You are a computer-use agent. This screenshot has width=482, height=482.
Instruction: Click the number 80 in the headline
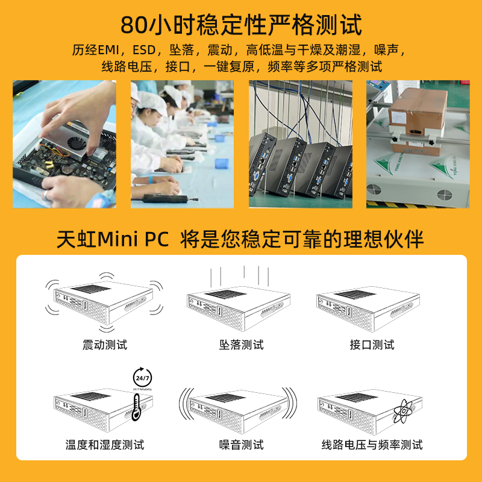click(134, 25)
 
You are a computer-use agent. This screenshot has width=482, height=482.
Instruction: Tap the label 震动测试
click(105, 345)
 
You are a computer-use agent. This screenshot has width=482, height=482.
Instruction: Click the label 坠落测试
click(241, 345)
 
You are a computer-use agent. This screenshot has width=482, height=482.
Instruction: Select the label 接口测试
click(372, 345)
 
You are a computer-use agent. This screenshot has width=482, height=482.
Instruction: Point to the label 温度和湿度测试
click(105, 445)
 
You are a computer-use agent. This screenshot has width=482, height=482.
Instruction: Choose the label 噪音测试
click(241, 445)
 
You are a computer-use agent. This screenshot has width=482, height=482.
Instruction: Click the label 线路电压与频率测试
click(372, 445)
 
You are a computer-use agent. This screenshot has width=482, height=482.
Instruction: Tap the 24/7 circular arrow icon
click(143, 378)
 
